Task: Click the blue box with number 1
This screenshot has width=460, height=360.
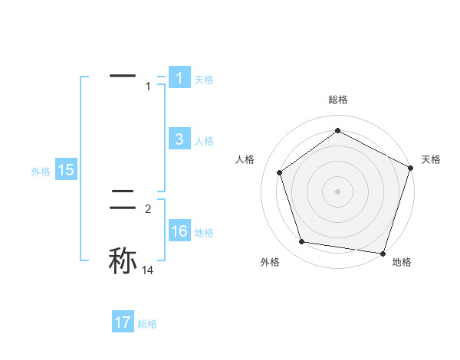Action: pyautogui.click(x=179, y=78)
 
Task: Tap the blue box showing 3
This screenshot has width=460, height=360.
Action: pyautogui.click(x=179, y=139)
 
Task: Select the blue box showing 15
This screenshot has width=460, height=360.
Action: pyautogui.click(x=66, y=170)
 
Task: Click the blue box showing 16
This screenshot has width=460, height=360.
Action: pyautogui.click(x=179, y=232)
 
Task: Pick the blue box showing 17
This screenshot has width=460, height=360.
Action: pyautogui.click(x=123, y=322)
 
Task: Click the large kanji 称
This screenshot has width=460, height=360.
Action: pyautogui.click(x=123, y=260)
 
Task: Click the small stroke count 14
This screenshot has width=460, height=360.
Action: pyautogui.click(x=147, y=270)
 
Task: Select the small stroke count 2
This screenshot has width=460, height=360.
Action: pyautogui.click(x=148, y=208)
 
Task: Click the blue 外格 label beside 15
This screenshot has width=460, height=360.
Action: pyautogui.click(x=41, y=172)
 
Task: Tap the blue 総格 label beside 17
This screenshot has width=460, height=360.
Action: pyautogui.click(x=147, y=324)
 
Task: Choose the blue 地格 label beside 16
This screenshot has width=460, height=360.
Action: pyautogui.click(x=204, y=233)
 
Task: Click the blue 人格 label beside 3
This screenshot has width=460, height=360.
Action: pyautogui.click(x=204, y=141)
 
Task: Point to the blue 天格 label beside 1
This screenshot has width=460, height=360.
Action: pyautogui.click(x=204, y=80)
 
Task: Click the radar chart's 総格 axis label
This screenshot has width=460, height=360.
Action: pyautogui.click(x=337, y=100)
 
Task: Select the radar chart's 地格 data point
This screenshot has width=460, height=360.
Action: pyautogui.click(x=383, y=253)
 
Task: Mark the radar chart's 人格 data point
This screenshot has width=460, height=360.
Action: pyautogui.click(x=280, y=172)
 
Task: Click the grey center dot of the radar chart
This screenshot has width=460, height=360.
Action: pyautogui.click(x=337, y=191)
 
